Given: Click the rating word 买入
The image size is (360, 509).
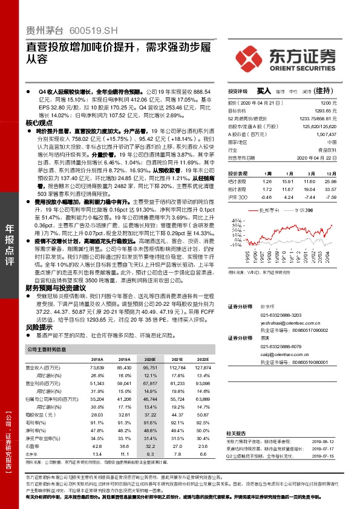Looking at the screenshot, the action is (x=264, y=91).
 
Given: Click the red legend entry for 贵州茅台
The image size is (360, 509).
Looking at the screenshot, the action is (x=267, y=210).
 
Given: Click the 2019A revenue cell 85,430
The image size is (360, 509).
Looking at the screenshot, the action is (x=123, y=368).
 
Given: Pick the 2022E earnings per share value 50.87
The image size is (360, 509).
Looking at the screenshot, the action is (x=203, y=414).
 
